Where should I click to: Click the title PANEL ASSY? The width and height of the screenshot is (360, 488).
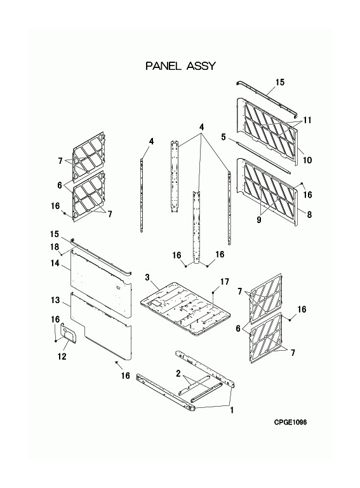[180, 66]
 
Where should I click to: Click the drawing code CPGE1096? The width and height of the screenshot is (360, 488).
[290, 422]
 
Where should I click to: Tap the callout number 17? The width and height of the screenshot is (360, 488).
[225, 281]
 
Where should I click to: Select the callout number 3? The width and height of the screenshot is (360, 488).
[147, 277]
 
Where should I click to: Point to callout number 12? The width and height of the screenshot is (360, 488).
[62, 356]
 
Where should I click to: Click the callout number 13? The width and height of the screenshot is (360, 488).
[55, 300]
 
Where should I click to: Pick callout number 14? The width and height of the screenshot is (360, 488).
[55, 263]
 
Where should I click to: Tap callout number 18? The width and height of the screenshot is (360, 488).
[55, 247]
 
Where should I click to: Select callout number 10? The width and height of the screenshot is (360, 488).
[307, 160]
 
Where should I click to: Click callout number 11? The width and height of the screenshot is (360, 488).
[307, 120]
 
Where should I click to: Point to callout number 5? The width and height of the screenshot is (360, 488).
[223, 137]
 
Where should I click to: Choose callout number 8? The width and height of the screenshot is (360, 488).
[309, 214]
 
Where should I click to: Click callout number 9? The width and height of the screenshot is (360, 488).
[259, 220]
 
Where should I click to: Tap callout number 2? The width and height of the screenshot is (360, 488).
[178, 373]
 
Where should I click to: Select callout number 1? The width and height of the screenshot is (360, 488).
[232, 410]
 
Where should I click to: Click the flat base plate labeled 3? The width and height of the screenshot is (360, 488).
[185, 309]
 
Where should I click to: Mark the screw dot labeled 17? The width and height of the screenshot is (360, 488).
[213, 292]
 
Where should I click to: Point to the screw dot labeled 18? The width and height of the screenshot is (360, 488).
[62, 255]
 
